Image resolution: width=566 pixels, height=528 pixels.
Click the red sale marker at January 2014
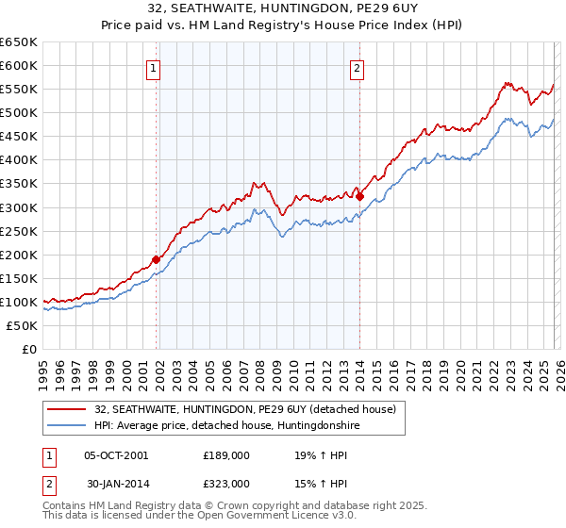(360, 196)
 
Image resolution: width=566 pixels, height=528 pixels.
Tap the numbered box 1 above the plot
(153, 67)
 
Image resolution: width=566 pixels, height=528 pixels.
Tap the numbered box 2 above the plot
(358, 67)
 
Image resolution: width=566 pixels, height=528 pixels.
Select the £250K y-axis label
(19, 231)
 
